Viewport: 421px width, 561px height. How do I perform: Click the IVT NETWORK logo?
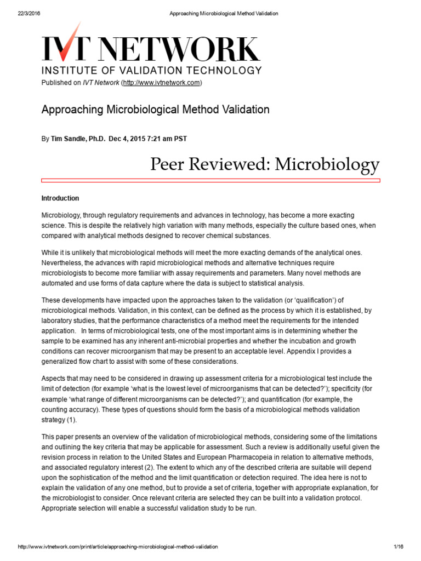(151, 50)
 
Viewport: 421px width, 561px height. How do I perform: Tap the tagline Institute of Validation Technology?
(152, 70)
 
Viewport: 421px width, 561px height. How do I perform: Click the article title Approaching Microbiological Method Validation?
(155, 110)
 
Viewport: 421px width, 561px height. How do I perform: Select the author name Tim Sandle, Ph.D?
(78, 139)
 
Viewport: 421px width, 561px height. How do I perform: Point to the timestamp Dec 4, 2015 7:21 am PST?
(148, 139)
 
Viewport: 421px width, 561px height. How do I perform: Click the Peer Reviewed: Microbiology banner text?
(265, 164)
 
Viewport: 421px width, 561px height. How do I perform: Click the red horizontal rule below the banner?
(210, 180)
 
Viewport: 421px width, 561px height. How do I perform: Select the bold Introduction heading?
(60, 198)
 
